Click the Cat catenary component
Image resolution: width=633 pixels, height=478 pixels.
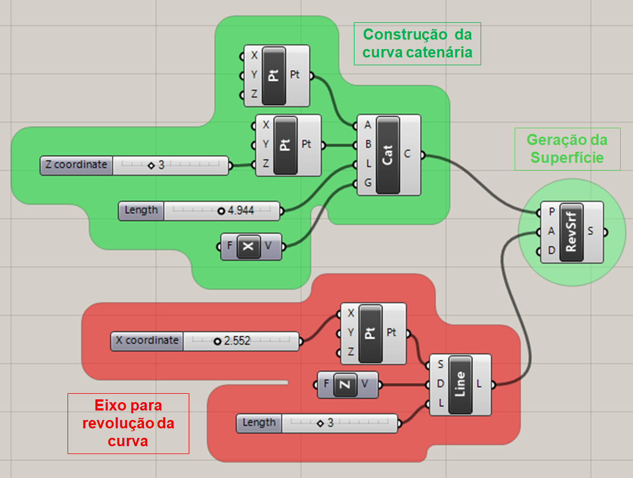(388, 154)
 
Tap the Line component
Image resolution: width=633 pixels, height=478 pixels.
(460, 384)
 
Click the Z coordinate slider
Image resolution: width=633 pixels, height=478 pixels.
(134, 165)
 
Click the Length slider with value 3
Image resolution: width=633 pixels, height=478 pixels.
(317, 423)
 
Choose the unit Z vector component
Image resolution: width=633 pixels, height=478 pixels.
(347, 384)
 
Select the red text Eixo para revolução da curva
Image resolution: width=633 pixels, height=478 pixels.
(128, 423)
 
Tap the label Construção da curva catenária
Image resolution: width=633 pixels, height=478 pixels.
(417, 44)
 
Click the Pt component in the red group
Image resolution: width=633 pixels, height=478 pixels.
(370, 334)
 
